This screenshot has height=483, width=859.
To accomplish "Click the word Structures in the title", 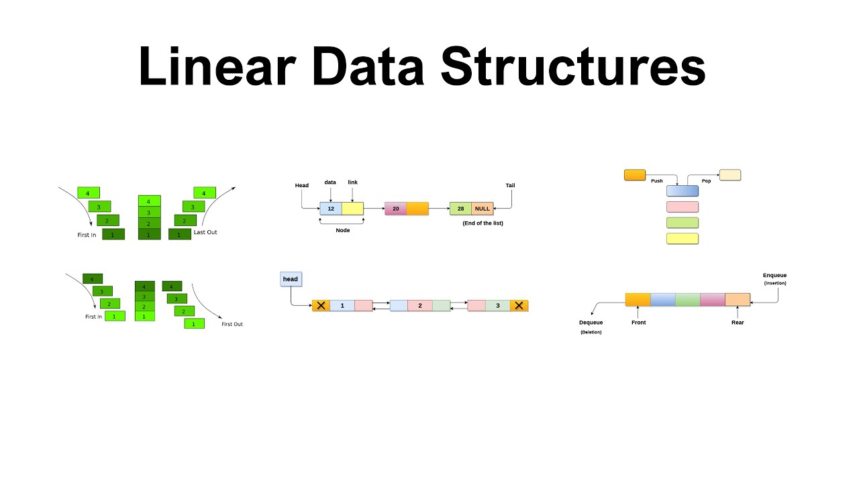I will pos(572,68).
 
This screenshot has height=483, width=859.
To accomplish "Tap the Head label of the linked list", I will pos(302,185).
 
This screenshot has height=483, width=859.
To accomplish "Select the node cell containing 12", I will pos(331,209).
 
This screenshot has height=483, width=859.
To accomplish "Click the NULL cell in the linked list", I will pos(482,209).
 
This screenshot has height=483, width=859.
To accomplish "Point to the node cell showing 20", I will pos(396,209).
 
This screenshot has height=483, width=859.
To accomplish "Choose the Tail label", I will pos(510,185).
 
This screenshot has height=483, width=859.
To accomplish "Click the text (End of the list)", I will pos(483,223).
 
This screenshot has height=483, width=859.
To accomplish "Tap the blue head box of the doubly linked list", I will pos(291,279).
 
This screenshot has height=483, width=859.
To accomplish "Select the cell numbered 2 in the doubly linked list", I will pos(420,306).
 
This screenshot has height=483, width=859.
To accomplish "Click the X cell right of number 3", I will pos(519,306).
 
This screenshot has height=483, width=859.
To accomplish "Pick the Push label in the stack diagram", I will pos(656,181).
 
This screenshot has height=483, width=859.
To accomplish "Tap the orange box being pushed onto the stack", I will pos(635,175).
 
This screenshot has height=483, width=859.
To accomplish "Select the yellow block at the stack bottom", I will pos(683,239).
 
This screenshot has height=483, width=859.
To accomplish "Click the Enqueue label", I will pos(774,275).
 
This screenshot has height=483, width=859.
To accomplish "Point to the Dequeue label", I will pos(591,323).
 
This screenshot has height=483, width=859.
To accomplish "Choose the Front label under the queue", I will pos(638,323).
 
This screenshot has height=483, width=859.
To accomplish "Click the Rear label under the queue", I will pos(738,323).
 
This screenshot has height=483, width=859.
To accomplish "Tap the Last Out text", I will pos(205,233).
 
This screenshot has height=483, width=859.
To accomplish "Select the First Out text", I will pos(232,324).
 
